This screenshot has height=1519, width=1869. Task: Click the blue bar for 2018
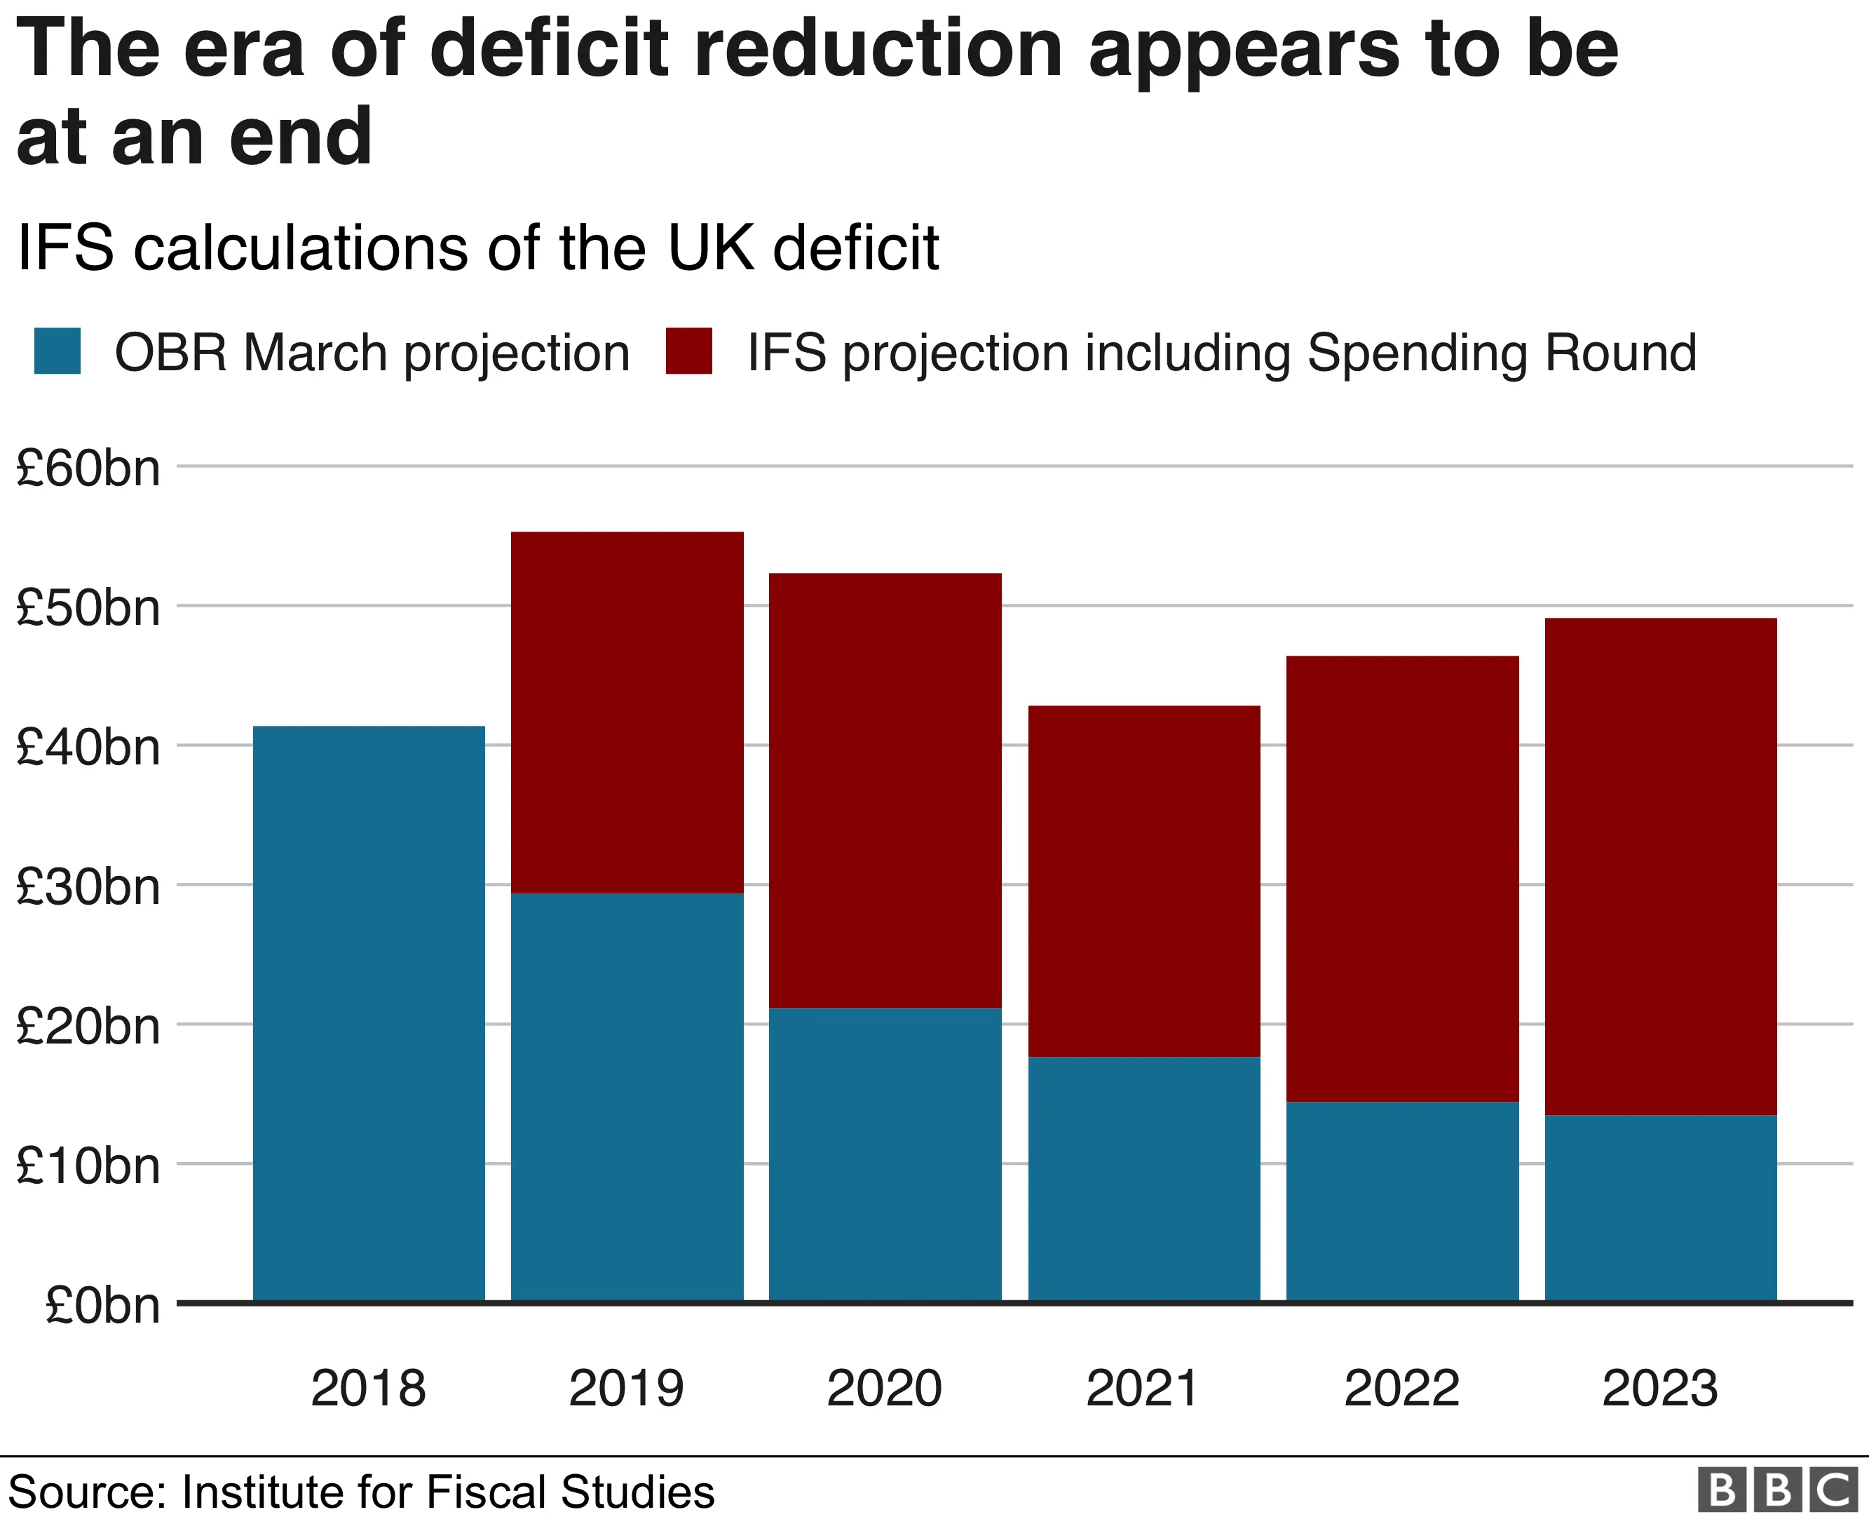pyautogui.click(x=368, y=1014)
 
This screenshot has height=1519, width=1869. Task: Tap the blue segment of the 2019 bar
pyautogui.click(x=626, y=1098)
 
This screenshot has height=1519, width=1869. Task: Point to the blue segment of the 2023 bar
pyautogui.click(x=1660, y=1208)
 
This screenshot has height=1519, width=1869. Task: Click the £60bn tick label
pyautogui.click(x=88, y=468)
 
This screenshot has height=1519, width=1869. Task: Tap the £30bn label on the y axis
pyautogui.click(x=88, y=886)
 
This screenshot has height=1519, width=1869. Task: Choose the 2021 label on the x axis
pyautogui.click(x=1142, y=1388)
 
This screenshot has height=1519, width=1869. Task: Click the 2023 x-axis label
pyautogui.click(x=1659, y=1388)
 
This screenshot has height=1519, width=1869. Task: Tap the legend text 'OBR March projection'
pyautogui.click(x=372, y=353)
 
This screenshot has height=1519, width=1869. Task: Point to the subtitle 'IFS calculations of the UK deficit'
pyautogui.click(x=477, y=248)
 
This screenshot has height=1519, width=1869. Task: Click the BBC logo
pyautogui.click(x=1777, y=1490)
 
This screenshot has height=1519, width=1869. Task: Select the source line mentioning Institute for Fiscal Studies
pyautogui.click(x=361, y=1492)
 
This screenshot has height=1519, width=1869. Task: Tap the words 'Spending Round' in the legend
pyautogui.click(x=1501, y=353)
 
